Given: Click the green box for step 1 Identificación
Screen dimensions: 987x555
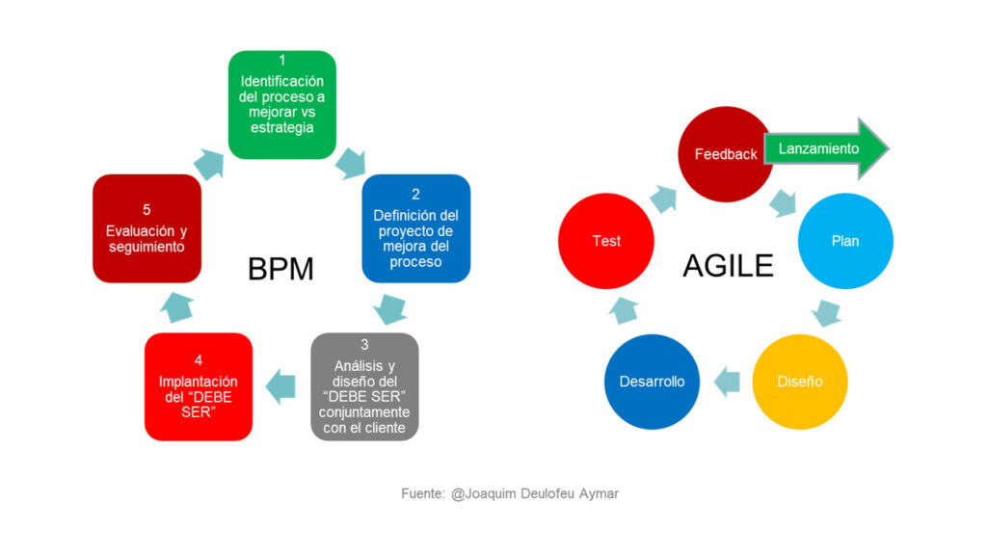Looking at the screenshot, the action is coord(282,104).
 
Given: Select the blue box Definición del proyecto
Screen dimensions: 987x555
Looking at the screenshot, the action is coord(415,228).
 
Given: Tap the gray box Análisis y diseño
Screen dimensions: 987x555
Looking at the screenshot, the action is coord(364,386).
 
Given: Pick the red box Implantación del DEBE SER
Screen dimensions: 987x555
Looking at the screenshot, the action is coord(199,386).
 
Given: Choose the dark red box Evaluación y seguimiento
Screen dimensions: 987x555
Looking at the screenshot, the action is coord(147,228).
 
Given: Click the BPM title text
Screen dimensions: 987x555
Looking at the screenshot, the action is coord(280,270).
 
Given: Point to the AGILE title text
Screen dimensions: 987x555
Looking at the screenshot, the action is coord(729,266).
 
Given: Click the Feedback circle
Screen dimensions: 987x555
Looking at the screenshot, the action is coord(725,154).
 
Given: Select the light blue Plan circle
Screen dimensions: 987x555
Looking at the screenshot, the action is coord(845,241).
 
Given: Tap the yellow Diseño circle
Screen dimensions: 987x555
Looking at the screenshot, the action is coord(799,382).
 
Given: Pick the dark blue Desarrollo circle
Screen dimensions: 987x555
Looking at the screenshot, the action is coord(652,382).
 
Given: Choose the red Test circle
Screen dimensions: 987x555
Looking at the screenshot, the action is coord(606,241).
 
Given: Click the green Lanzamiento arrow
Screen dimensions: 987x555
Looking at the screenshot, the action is coord(826,148).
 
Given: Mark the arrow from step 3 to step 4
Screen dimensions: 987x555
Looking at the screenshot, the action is coord(280,385).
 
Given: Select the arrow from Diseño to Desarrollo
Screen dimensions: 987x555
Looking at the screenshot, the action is coord(727,382).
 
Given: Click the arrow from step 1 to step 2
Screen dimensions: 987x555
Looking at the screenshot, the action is coord(351,164).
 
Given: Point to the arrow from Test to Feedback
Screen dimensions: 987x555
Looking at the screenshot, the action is coord(663,198).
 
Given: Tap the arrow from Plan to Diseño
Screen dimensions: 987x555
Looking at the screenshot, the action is coord(826,312).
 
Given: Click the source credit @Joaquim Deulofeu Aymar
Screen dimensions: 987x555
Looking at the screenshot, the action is coord(534,494).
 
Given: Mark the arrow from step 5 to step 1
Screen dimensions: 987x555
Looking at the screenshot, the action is coord(209,165).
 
